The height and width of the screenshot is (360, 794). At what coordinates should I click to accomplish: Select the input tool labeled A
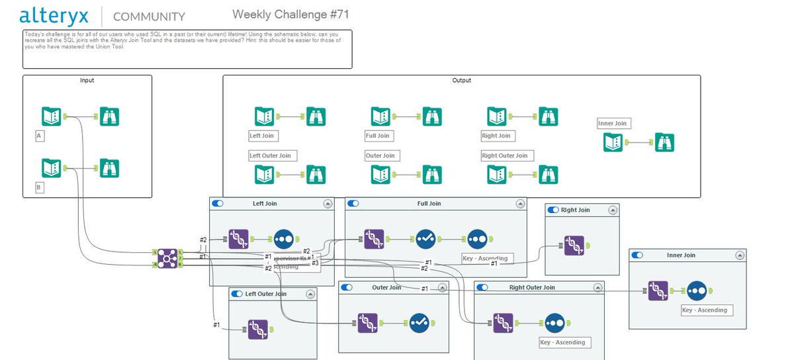52,116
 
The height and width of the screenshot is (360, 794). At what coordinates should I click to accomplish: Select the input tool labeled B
52,168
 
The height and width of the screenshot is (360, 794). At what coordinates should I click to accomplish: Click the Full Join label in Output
378,136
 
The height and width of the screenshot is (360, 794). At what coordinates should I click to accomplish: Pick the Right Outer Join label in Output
506,156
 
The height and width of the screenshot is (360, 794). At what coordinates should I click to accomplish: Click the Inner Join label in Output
613,123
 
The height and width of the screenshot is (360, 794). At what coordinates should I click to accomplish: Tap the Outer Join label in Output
380,156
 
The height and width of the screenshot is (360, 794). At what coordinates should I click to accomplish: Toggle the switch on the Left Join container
218,204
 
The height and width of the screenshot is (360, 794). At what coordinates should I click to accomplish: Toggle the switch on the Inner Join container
638,255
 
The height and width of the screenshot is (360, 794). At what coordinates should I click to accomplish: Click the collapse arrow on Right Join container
613,210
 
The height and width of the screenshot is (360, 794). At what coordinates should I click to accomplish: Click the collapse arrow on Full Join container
517,204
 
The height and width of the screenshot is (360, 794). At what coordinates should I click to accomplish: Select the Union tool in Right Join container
575,246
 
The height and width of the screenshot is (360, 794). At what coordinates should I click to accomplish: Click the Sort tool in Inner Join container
698,291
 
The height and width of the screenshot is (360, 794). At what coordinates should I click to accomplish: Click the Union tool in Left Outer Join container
258,329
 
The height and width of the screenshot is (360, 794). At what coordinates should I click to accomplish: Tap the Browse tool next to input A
109,116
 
